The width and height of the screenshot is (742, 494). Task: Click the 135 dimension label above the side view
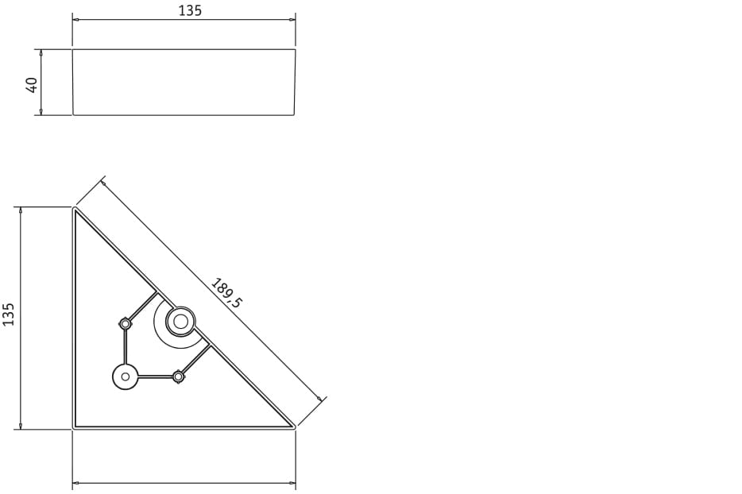[x=190, y=10]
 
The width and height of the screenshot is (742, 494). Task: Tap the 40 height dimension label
[x=32, y=84]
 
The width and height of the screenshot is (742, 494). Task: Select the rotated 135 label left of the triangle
[x=9, y=314]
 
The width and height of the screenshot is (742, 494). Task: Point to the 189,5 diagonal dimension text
[x=227, y=292]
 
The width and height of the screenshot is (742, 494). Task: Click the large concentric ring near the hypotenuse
[x=180, y=322]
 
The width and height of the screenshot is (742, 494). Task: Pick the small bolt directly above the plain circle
[x=125, y=323]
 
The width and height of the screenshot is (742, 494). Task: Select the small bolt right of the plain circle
[x=179, y=376]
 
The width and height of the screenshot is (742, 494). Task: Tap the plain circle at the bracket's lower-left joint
[x=126, y=376]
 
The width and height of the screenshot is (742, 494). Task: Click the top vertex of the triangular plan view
[x=75, y=209]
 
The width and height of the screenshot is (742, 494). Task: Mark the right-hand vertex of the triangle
[x=293, y=427]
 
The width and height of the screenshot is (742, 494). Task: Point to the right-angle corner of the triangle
[x=75, y=427]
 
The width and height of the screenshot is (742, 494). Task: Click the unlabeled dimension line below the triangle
[x=184, y=482]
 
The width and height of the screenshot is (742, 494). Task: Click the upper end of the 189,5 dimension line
[x=102, y=182]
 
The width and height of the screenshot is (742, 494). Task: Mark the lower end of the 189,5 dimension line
[x=321, y=399]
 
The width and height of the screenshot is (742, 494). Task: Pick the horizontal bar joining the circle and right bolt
[x=156, y=376]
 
